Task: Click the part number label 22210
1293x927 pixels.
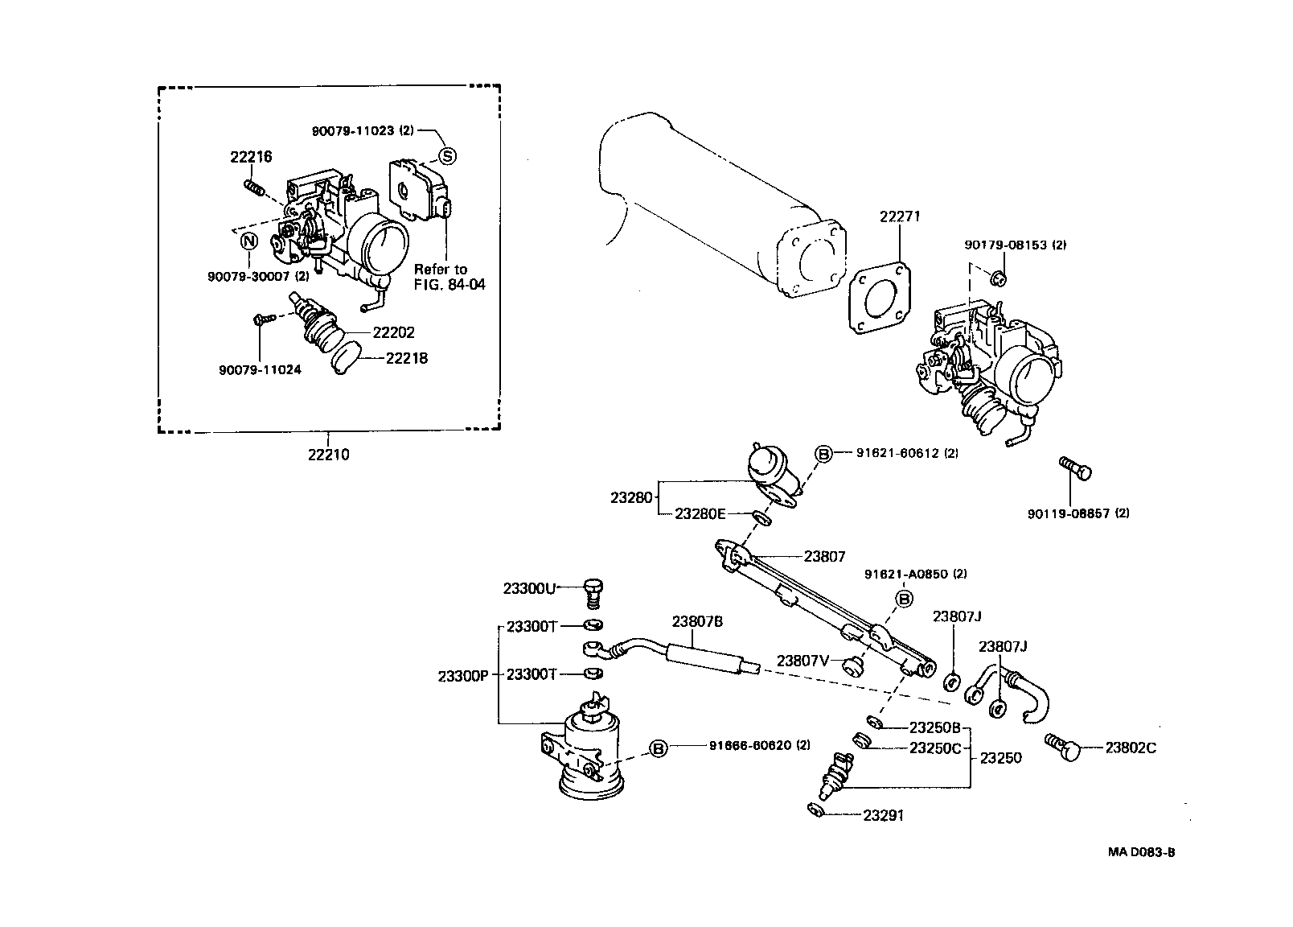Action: coord(328,455)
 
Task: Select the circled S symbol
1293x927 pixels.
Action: coord(446,156)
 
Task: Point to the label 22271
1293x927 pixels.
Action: coord(899,216)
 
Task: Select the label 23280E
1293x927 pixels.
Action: coord(700,513)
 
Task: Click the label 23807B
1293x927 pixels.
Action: coord(697,621)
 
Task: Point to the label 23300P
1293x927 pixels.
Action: coord(463,676)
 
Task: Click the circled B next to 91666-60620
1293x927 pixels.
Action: coord(658,749)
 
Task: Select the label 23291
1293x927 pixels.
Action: coord(883,815)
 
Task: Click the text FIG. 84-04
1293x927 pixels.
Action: coord(449,284)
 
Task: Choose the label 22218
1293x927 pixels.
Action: coord(407,358)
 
